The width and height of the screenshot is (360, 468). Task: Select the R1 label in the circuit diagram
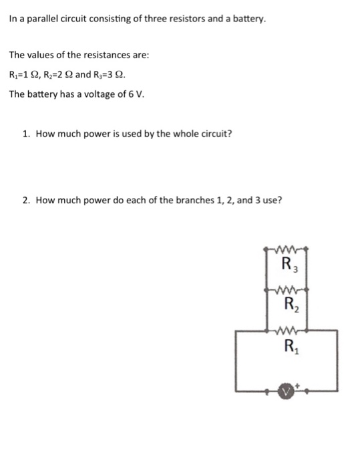click(291, 346)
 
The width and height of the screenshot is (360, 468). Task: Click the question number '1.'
click(26, 133)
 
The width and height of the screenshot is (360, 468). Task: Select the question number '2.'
click(26, 199)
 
